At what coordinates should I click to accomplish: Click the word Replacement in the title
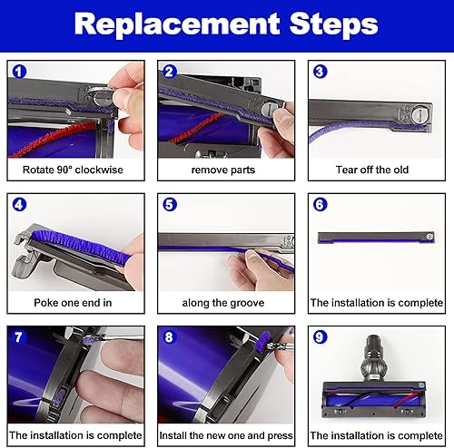tap(177, 24)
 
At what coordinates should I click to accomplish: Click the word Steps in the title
tap(333, 24)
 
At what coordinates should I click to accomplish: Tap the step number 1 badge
tap(19, 72)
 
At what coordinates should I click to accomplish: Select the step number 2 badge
tap(170, 72)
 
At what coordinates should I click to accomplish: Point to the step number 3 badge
tap(321, 72)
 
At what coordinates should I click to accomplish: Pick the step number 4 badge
tap(19, 205)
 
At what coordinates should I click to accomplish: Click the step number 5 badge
tap(170, 205)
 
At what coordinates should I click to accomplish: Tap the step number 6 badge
tap(321, 205)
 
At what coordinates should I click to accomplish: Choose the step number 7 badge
tap(19, 337)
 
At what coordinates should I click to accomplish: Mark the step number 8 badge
tap(169, 337)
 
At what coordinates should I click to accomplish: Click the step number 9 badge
tap(320, 337)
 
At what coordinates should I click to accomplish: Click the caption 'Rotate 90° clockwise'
tap(73, 170)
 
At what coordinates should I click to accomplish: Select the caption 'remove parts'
tap(223, 170)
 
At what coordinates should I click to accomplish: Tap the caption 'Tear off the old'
tap(372, 170)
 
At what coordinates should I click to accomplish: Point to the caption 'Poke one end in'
tap(73, 303)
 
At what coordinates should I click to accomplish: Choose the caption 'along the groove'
tap(223, 303)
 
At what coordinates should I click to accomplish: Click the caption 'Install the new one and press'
tap(226, 435)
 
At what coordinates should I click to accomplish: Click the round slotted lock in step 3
tap(419, 115)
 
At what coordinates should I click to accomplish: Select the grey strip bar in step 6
tap(376, 238)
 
